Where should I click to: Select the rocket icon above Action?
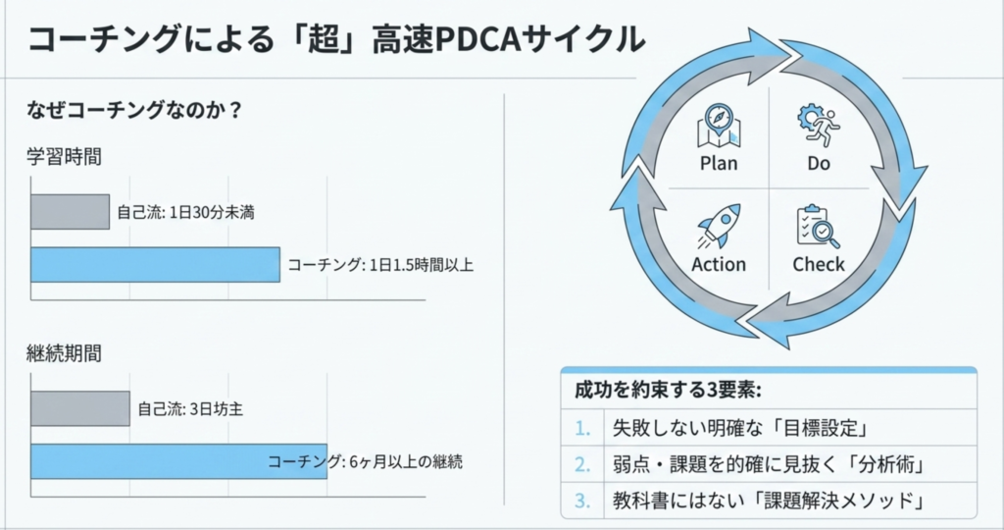718,227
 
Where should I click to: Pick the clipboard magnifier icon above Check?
818,227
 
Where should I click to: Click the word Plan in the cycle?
719,163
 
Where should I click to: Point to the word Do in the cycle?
819,163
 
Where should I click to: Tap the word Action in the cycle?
719,264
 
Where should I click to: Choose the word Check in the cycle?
819,264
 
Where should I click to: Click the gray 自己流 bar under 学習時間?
70,212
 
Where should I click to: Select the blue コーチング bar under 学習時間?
155,265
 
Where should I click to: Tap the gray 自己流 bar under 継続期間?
79,408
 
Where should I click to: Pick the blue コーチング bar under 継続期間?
147,461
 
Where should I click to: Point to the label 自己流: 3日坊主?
189,408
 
